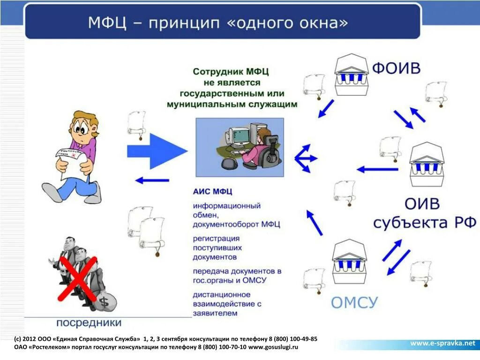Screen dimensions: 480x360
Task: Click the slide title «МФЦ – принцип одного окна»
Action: (x=218, y=22)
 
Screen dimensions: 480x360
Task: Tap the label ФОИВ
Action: (x=396, y=68)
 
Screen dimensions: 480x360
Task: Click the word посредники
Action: (x=89, y=322)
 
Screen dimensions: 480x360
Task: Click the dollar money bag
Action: (x=104, y=301)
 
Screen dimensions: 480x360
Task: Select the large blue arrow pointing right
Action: (x=157, y=150)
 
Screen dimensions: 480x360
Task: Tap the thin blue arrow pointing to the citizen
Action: (x=152, y=180)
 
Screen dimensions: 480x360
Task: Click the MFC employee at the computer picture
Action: (x=239, y=147)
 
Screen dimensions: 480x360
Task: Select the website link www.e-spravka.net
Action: (x=442, y=343)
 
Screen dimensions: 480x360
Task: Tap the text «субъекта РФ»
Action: (x=419, y=222)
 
